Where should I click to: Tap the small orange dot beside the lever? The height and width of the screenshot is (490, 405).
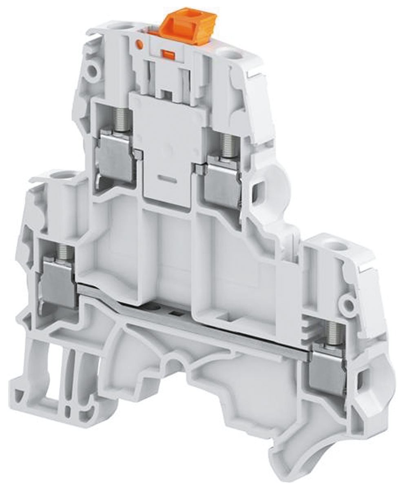pyautogui.click(x=139, y=44)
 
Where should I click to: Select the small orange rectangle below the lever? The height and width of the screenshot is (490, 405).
pyautogui.click(x=167, y=53)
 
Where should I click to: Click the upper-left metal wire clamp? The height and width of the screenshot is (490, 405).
pyautogui.click(x=116, y=157)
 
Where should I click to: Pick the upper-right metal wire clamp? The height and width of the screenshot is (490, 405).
pyautogui.click(x=222, y=182)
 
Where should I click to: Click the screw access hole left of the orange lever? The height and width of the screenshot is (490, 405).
pyautogui.click(x=119, y=27)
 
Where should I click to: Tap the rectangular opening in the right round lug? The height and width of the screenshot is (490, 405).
pyautogui.click(x=257, y=189)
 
